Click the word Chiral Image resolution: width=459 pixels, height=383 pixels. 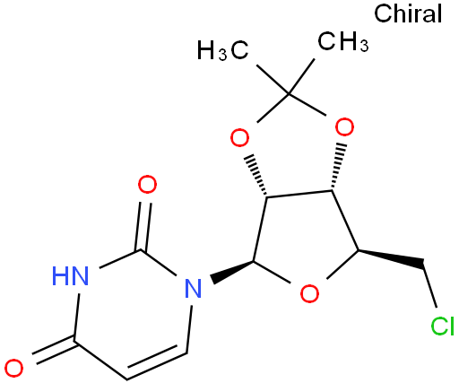pyautogui.click(x=408, y=13)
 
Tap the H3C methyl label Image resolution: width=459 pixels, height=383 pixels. pyautogui.click(x=222, y=50)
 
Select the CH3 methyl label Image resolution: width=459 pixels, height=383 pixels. pyautogui.click(x=342, y=41)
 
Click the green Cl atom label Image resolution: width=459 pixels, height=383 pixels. pyautogui.click(x=442, y=326)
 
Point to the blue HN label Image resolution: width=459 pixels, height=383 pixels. pyautogui.click(x=71, y=275)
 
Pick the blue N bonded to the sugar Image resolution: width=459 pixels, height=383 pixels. pyautogui.click(x=193, y=288)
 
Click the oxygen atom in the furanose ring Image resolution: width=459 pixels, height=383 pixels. pyautogui.click(x=309, y=293)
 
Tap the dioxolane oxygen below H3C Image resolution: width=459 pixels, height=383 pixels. pyautogui.click(x=239, y=137)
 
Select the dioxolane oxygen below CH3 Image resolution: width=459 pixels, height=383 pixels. pyautogui.click(x=344, y=127)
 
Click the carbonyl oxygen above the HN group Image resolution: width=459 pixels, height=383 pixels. pyautogui.click(x=147, y=184)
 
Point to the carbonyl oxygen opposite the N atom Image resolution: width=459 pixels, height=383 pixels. pyautogui.click(x=14, y=369)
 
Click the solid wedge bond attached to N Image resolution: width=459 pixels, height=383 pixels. pyautogui.click(x=232, y=272)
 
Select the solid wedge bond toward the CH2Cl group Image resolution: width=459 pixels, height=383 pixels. pyautogui.click(x=391, y=257)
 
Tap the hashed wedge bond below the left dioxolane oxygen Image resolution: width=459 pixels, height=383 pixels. pyautogui.click(x=257, y=175)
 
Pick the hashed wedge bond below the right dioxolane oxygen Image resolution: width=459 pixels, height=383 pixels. pyautogui.click(x=337, y=168)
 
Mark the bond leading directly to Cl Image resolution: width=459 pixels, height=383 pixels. pyautogui.click(x=430, y=285)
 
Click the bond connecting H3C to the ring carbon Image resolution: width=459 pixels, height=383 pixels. pyautogui.click(x=273, y=80)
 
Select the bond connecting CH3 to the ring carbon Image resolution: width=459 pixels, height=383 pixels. pyautogui.click(x=302, y=77)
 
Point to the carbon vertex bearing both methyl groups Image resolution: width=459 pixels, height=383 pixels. pyautogui.click(x=289, y=94)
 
